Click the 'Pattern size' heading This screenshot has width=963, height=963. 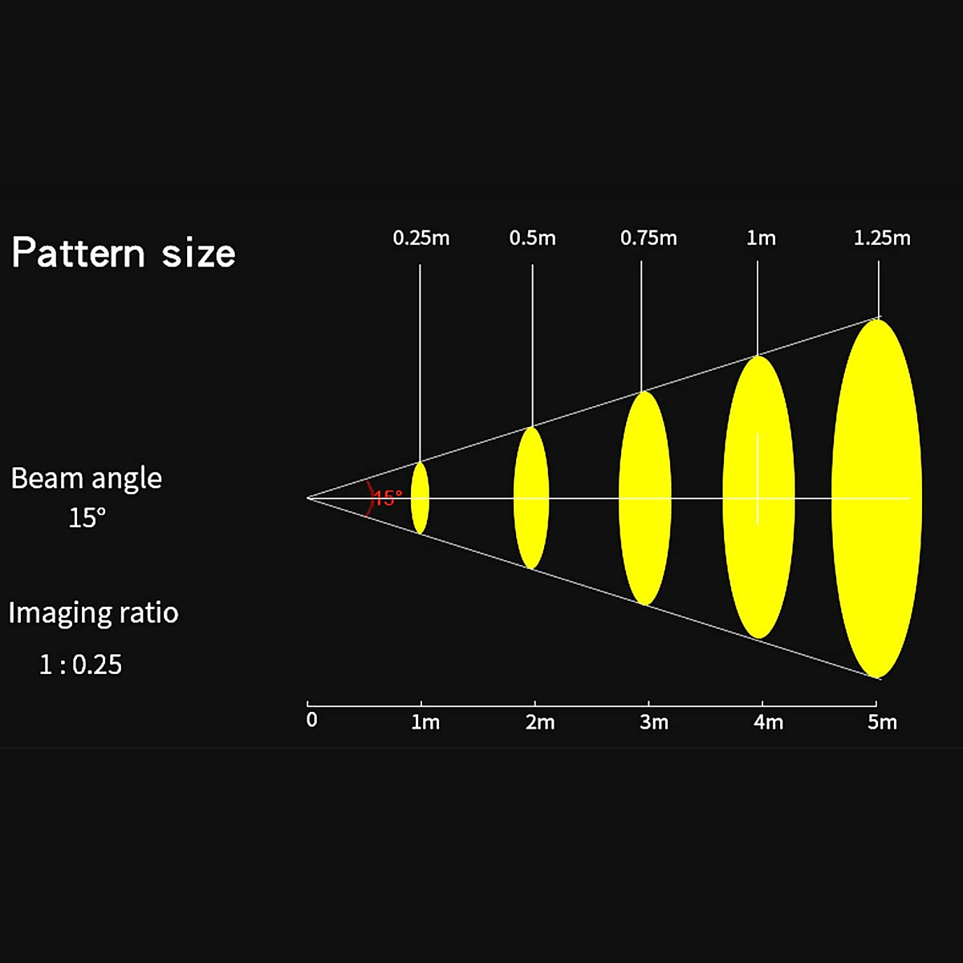124,253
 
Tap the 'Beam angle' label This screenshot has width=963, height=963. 87,479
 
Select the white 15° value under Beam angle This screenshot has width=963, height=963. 87,518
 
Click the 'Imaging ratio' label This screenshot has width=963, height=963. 93,613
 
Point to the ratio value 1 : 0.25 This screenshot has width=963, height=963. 80,664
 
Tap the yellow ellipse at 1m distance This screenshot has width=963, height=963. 420,498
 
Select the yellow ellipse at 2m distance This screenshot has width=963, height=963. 531,498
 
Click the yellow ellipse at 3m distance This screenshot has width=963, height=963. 645,498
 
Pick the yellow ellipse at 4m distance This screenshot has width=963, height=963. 758,498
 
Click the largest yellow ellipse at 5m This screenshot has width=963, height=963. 876,498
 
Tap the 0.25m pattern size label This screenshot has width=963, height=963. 421,238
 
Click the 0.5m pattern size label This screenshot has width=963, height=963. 533,238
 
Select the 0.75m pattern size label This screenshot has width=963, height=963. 648,238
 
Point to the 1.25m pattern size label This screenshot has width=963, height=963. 882,238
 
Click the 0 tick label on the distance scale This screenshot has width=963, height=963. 312,720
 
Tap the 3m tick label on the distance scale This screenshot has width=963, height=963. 654,722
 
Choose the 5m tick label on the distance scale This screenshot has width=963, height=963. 883,722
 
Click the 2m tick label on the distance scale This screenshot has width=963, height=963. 540,722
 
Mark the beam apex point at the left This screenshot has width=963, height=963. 308,498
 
